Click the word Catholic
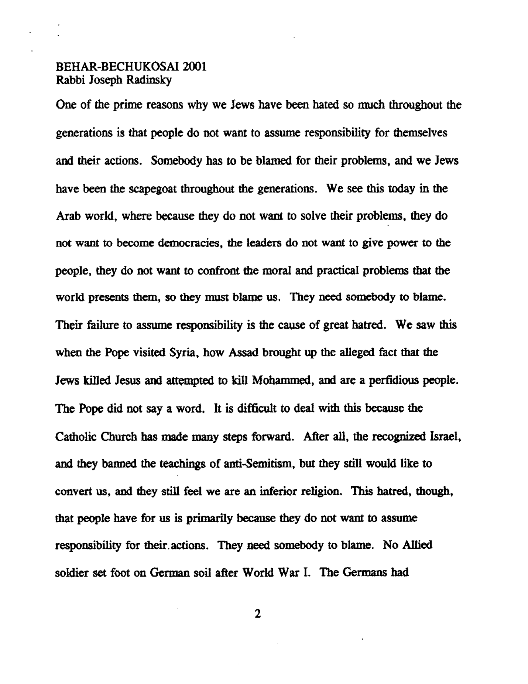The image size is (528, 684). pos(75,437)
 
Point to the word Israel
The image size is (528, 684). pos(446,437)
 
